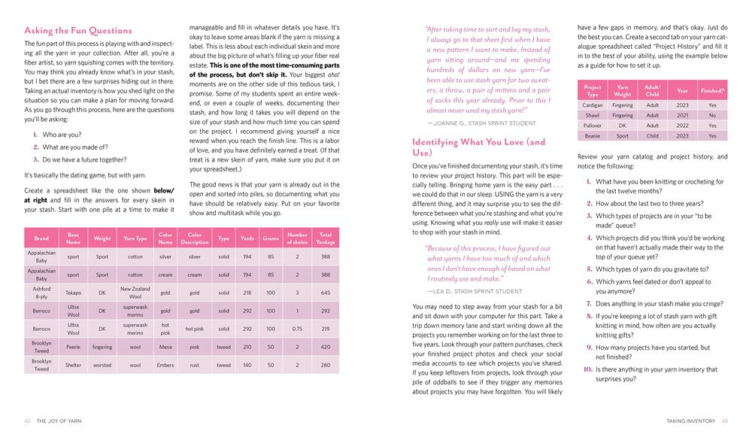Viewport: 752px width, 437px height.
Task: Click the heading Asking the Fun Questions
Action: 78,31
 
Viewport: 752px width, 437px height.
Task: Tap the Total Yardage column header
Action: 325,238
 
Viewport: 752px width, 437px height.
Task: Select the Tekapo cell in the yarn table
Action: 73,293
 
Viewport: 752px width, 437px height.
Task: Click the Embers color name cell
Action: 165,365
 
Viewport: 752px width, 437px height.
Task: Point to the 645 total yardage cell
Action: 325,293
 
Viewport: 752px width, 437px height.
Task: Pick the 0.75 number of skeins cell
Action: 297,329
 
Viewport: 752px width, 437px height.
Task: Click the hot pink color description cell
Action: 195,329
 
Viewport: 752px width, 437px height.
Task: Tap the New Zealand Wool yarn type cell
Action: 135,293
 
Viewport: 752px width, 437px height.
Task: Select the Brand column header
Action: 41,238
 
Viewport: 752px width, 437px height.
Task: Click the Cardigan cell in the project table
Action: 593,105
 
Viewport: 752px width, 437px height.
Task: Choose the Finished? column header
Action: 712,90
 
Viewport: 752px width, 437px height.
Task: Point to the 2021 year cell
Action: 681,116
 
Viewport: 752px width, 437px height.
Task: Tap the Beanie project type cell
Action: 593,136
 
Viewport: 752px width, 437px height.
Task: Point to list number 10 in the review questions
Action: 587,369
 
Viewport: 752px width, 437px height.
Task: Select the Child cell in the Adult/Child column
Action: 652,136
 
